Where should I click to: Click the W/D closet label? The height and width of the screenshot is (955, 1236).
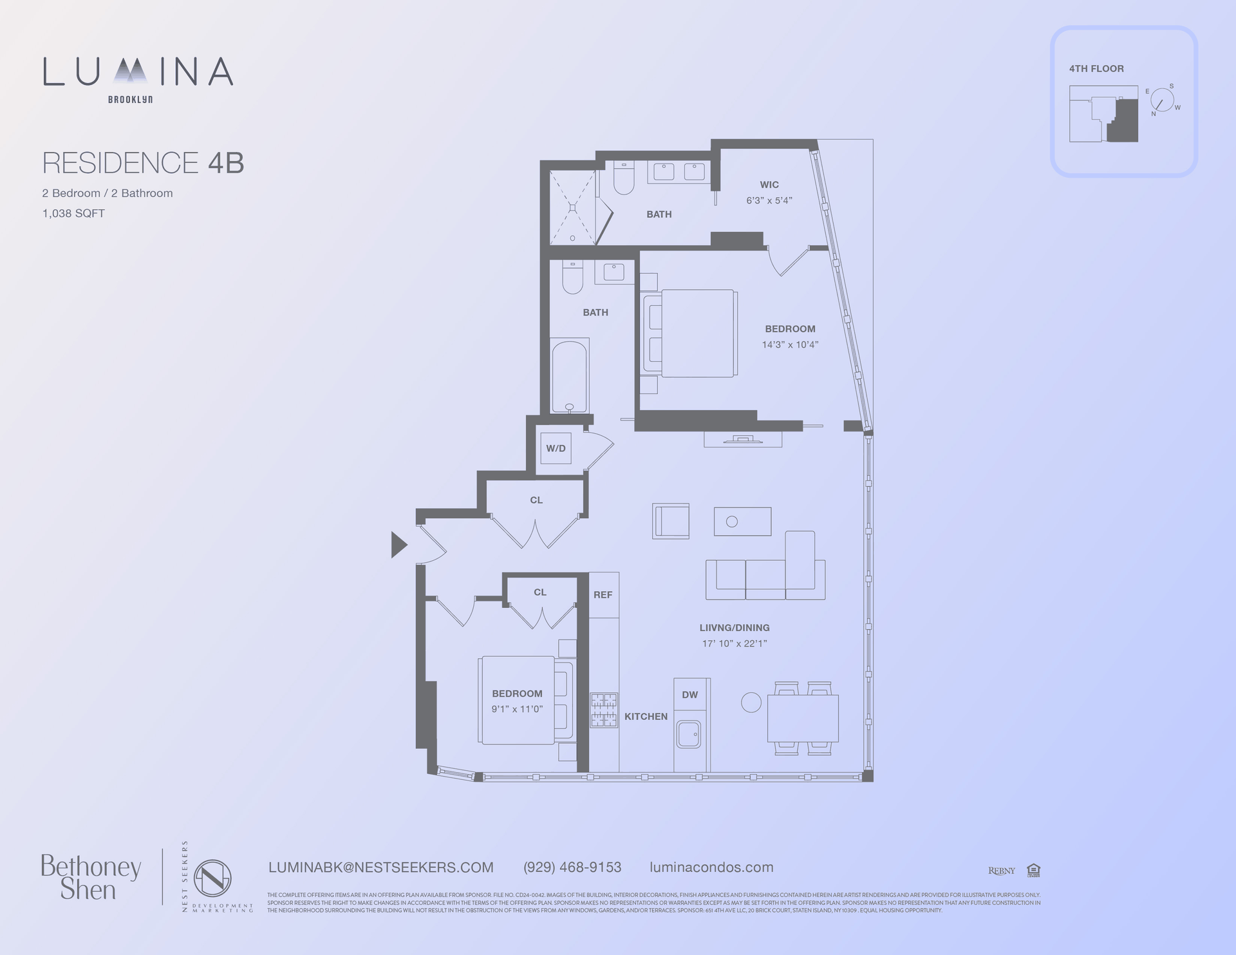click(x=556, y=448)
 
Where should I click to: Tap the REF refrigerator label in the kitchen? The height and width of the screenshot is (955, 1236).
click(x=603, y=595)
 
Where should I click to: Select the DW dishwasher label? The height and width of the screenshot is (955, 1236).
click(x=689, y=695)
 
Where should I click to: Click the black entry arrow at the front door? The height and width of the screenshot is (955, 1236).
click(x=398, y=545)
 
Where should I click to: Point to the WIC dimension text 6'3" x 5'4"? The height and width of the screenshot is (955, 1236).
click(x=769, y=200)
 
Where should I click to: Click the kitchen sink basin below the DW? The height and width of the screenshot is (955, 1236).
click(x=688, y=733)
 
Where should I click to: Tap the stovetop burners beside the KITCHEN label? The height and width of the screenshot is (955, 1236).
click(x=604, y=710)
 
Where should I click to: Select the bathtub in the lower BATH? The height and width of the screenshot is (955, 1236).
click(x=569, y=376)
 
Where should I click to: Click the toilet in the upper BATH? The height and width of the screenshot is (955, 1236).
click(x=624, y=178)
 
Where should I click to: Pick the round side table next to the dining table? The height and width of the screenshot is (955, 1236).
click(x=751, y=702)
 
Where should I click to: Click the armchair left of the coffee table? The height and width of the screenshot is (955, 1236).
click(x=671, y=521)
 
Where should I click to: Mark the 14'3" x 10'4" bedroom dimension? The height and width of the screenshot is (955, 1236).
click(x=790, y=345)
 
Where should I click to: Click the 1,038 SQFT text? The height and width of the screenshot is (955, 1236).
click(x=73, y=213)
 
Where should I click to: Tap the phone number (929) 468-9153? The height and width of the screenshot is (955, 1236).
click(x=572, y=867)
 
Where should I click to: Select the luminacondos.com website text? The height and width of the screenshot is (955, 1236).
click(x=711, y=867)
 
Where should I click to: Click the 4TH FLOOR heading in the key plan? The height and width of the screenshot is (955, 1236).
click(x=1096, y=69)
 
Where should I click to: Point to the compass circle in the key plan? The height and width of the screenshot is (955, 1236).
click(x=1162, y=100)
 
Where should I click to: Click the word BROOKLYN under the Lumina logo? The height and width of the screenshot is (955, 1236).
click(x=130, y=100)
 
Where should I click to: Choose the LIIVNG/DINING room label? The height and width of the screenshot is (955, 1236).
click(x=735, y=628)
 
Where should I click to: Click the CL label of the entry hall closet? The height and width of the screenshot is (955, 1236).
click(x=536, y=500)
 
